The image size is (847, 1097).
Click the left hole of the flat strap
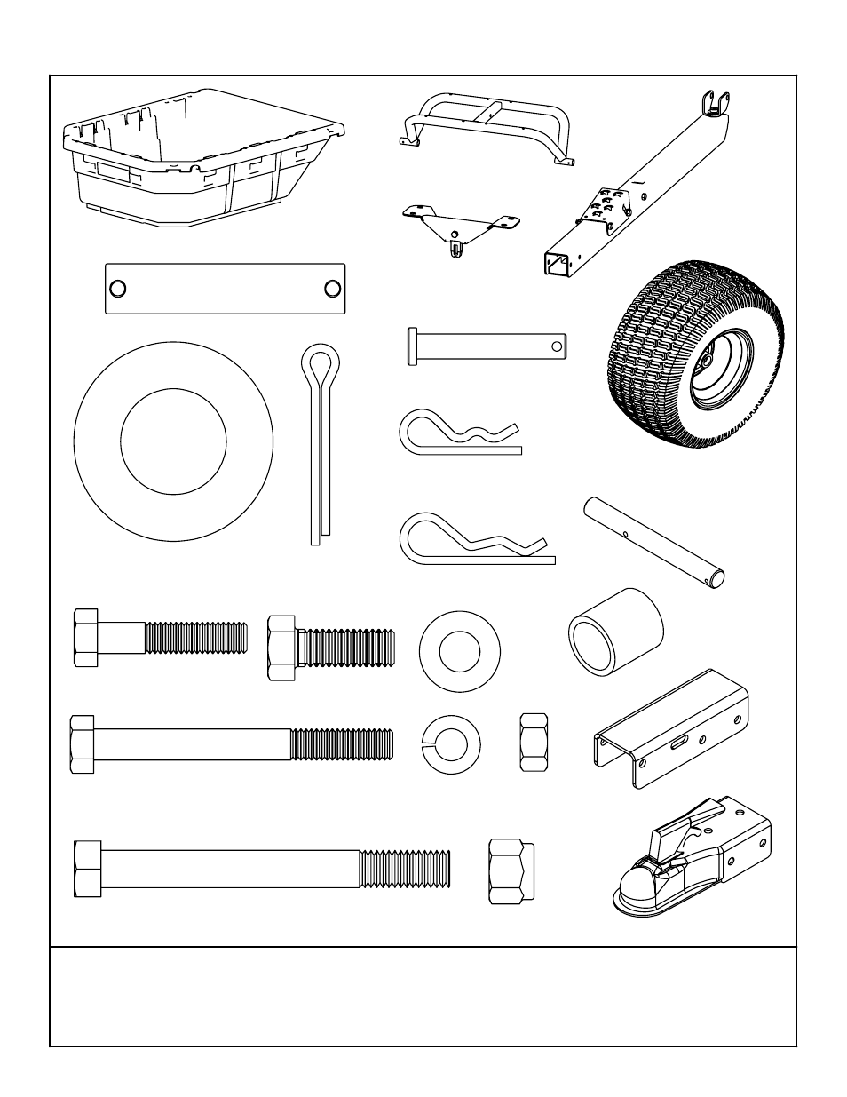click(x=118, y=289)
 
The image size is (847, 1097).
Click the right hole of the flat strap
click(x=332, y=289)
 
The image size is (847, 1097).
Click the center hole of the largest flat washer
click(x=172, y=441)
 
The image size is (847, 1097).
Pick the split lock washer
click(x=450, y=743)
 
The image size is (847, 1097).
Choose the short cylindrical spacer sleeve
click(x=615, y=631)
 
